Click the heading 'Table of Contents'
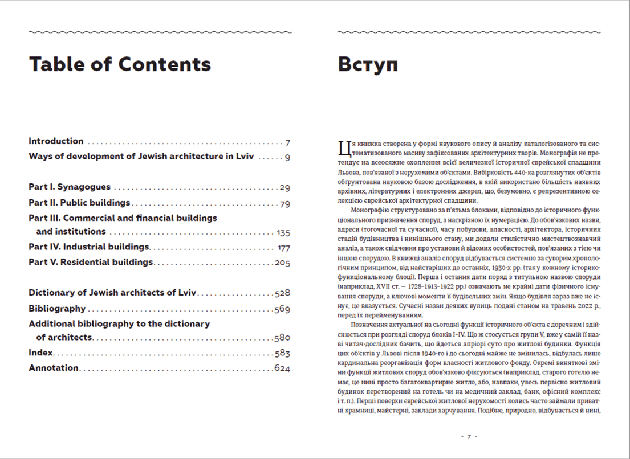click(120, 64)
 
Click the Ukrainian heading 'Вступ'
click(368, 64)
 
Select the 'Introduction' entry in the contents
click(56, 141)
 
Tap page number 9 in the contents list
click(288, 157)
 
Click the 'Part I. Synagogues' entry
click(70, 187)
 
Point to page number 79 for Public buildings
click(285, 203)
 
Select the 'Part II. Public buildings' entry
click(79, 203)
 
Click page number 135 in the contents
click(283, 232)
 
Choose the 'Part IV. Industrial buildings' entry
click(88, 247)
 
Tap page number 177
click(283, 248)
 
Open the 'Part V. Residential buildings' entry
click(91, 263)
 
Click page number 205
click(282, 263)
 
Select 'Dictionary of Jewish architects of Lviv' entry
click(112, 293)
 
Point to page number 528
click(282, 293)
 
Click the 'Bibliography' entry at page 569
click(57, 309)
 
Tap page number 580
click(282, 338)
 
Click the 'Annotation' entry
click(54, 368)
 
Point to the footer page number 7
click(469, 437)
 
